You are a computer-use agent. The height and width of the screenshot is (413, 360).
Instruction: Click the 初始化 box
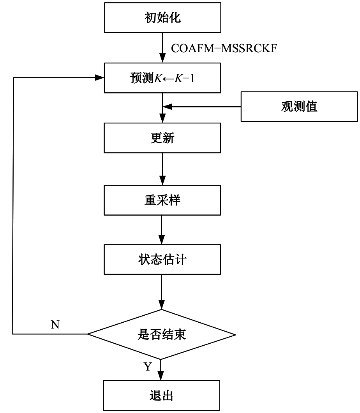click(x=162, y=18)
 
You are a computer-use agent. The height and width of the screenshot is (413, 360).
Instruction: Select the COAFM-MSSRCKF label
click(x=224, y=48)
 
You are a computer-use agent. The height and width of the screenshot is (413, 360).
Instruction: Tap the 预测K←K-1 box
click(x=162, y=78)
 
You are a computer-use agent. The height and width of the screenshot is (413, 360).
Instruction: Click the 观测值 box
click(x=299, y=106)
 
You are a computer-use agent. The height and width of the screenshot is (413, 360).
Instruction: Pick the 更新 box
click(x=162, y=138)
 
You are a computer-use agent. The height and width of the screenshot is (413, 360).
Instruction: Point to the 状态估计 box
click(x=162, y=259)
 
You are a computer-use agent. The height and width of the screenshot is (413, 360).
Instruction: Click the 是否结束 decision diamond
click(x=162, y=334)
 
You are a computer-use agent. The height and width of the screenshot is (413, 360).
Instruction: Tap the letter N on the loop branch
click(x=55, y=325)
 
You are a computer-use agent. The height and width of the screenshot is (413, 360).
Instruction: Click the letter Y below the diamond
click(x=148, y=367)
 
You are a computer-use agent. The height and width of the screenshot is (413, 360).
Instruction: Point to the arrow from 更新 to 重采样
click(x=162, y=169)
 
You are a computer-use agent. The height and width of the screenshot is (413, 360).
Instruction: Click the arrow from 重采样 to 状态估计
click(x=162, y=229)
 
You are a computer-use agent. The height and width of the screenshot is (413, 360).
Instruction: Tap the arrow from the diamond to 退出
click(x=162, y=370)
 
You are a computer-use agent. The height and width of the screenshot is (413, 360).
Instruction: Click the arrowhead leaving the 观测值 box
click(x=167, y=106)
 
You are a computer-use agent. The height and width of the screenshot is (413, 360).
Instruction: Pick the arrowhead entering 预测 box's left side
click(x=100, y=78)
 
